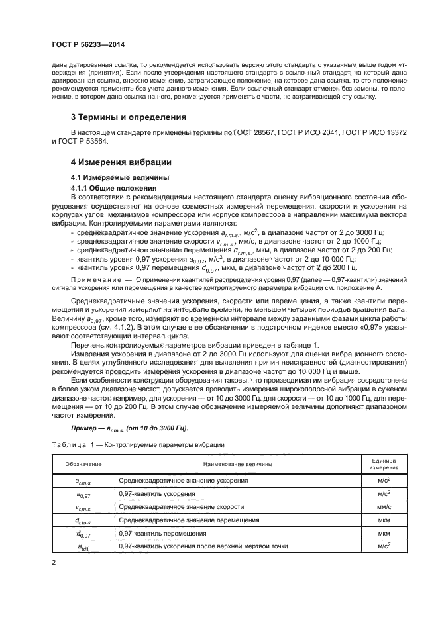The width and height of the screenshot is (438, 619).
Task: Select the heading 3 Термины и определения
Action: coord(127,117)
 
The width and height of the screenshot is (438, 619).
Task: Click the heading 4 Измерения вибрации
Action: coord(121,162)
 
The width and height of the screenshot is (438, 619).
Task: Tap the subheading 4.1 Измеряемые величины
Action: coord(111,178)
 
